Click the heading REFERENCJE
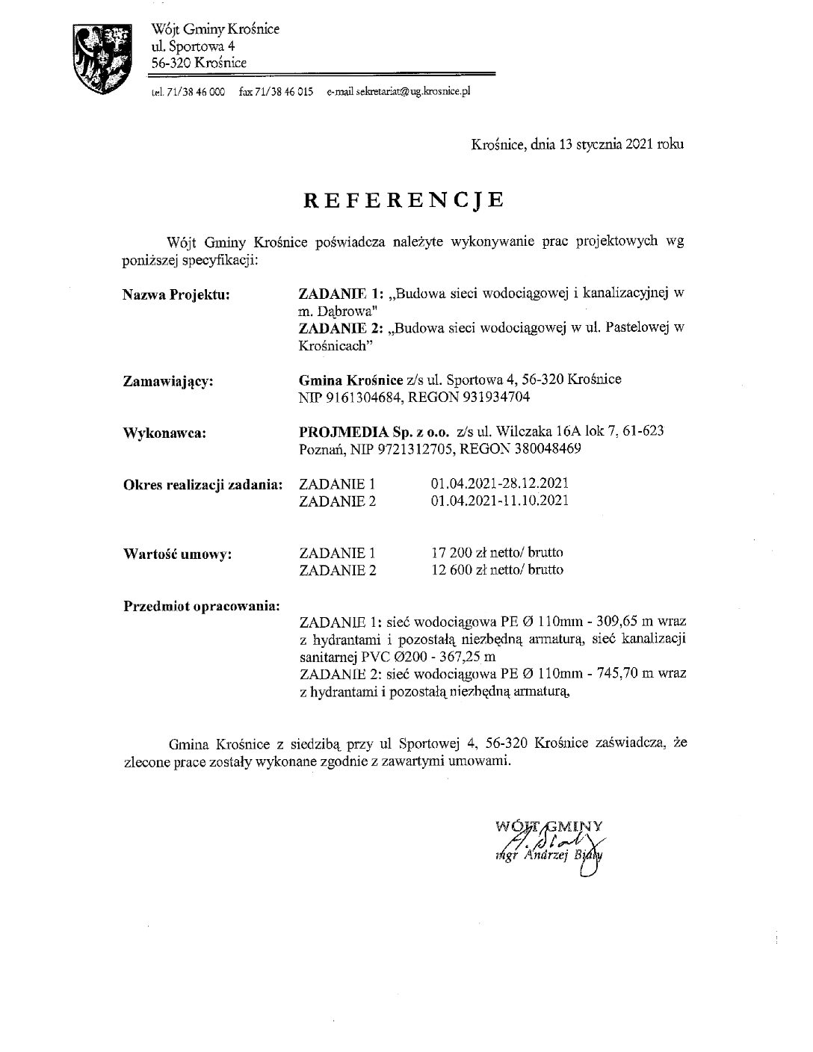coord(404,199)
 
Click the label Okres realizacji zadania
coord(202,484)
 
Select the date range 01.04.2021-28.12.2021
coord(500,484)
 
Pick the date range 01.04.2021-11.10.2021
coord(500,501)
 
